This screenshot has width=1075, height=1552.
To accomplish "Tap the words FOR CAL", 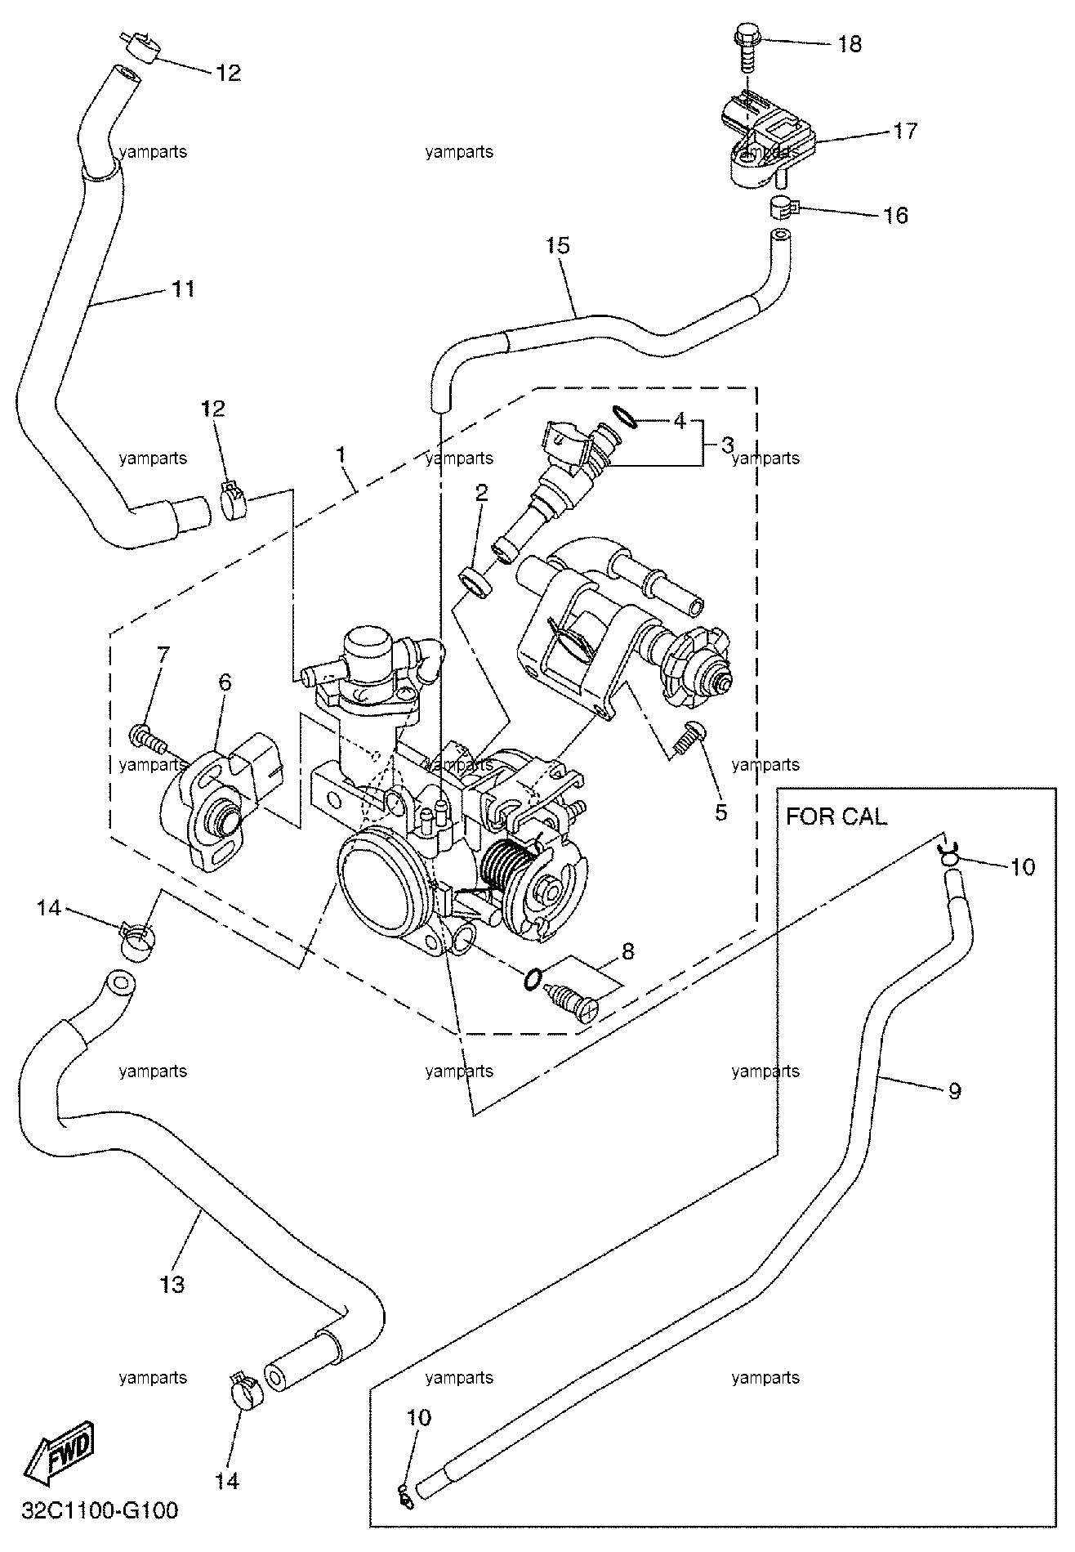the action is click(x=836, y=816).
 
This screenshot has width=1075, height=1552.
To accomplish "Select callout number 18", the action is click(x=850, y=43).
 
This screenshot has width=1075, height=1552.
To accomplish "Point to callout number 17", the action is click(x=904, y=130).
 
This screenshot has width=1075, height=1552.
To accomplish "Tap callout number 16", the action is click(x=895, y=215).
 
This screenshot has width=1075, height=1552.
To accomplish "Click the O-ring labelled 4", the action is click(x=626, y=418).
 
